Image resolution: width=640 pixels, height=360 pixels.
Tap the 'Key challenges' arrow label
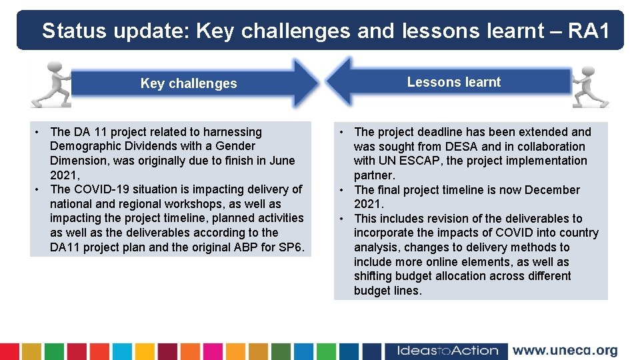189,83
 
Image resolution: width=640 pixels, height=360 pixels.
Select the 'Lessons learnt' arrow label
453,82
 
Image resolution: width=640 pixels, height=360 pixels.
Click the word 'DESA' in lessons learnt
455,147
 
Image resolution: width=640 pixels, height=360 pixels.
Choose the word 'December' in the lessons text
552,190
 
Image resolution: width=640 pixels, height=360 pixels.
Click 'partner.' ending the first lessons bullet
374,175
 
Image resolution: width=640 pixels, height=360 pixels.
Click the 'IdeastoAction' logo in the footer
447,351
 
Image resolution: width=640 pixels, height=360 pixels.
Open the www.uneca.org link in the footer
565,351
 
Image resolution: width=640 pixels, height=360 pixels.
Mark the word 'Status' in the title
74,31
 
